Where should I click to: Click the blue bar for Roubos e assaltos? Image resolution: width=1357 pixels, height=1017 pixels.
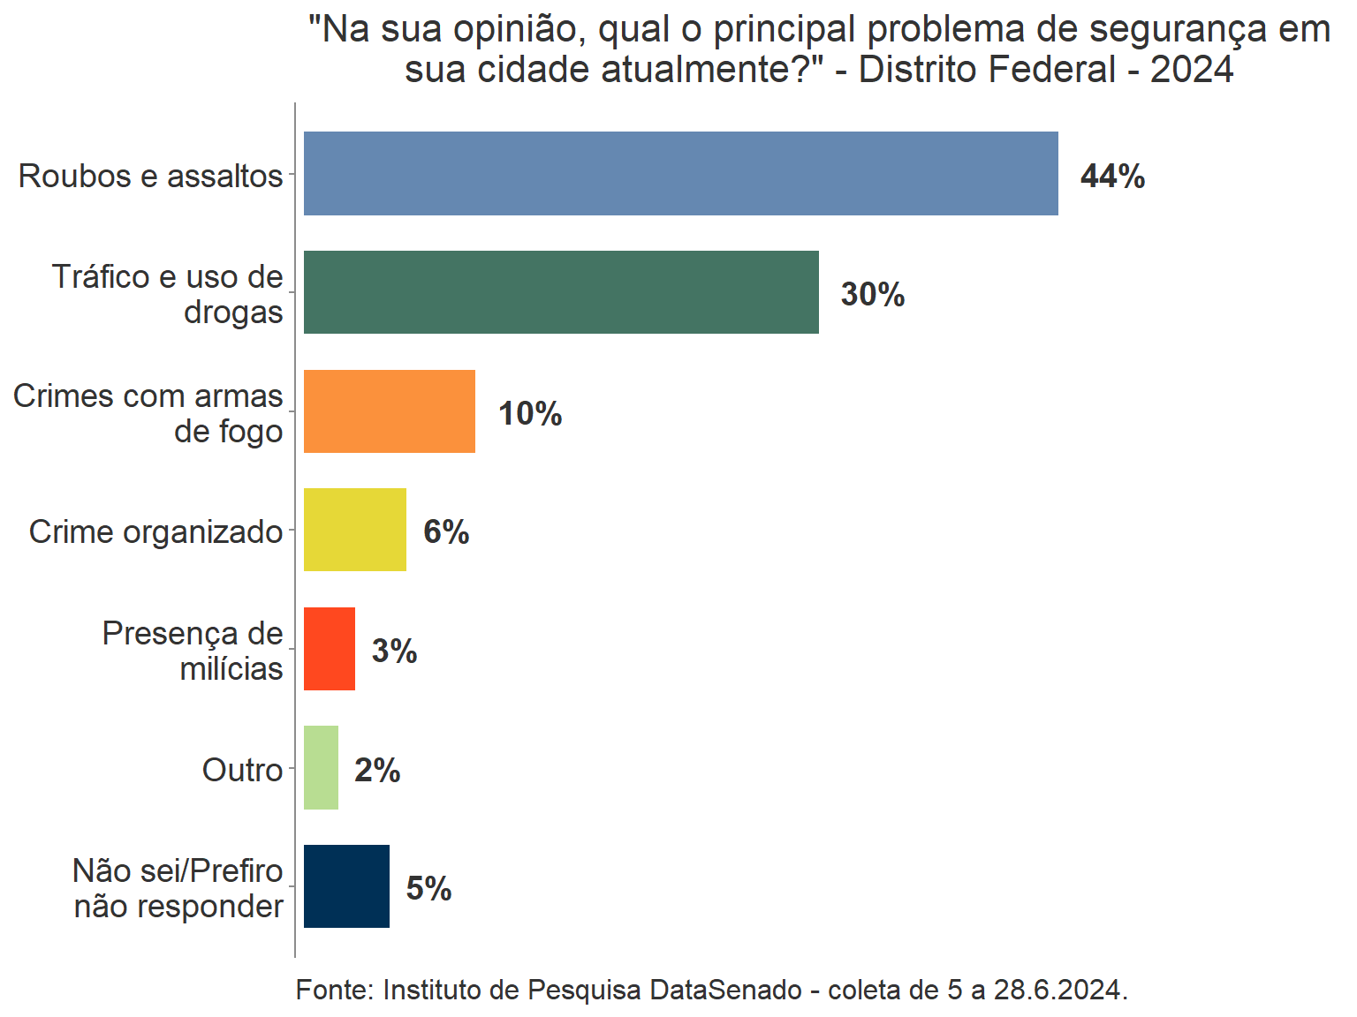click(680, 173)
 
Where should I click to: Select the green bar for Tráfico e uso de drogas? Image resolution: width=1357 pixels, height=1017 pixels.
click(561, 292)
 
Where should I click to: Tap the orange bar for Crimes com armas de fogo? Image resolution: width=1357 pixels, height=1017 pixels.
click(389, 411)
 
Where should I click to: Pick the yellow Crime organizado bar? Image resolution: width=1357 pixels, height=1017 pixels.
click(354, 530)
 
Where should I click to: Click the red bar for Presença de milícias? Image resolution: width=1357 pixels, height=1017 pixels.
click(329, 649)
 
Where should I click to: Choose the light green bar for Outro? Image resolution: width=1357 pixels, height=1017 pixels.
click(321, 768)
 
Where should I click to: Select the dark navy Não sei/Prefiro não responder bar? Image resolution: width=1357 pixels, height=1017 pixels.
click(346, 886)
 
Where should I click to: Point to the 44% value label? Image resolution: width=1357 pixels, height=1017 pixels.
click(1112, 176)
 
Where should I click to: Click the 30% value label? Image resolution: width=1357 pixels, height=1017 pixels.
click(873, 294)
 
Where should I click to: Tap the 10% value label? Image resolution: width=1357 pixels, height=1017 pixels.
click(530, 413)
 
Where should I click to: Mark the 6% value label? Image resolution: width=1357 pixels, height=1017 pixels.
click(446, 531)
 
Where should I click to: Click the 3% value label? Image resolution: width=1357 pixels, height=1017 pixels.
click(394, 651)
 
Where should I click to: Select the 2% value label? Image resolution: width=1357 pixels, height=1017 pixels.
click(377, 770)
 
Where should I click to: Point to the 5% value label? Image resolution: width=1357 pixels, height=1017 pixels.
click(428, 888)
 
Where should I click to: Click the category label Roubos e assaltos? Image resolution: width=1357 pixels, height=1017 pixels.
click(150, 176)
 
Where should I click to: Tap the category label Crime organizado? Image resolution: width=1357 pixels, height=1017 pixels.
click(155, 531)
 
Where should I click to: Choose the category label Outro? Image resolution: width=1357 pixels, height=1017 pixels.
click(242, 770)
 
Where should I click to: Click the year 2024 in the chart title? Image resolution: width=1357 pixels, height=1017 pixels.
click(1191, 70)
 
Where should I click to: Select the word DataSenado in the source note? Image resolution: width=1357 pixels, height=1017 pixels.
click(725, 990)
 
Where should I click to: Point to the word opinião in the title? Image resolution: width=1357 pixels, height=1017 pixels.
click(520, 31)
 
